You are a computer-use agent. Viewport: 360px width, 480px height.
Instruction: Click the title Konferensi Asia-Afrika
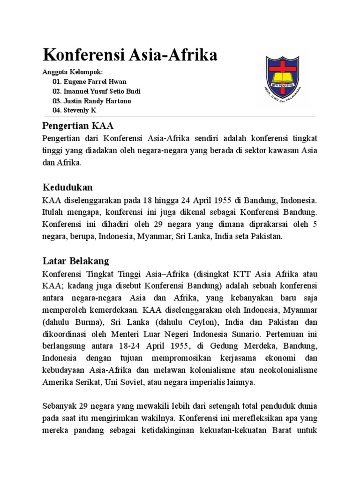pos(130,55)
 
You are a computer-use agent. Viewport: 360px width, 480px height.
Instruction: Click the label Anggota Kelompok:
pos(72,71)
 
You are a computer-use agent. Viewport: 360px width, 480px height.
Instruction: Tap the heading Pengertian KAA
pos(78,126)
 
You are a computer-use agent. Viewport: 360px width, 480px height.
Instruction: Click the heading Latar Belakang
pos(75,261)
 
